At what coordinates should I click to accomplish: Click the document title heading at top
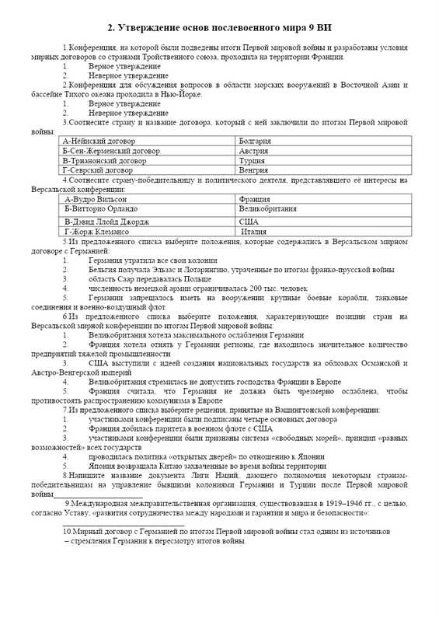(x=219, y=29)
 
